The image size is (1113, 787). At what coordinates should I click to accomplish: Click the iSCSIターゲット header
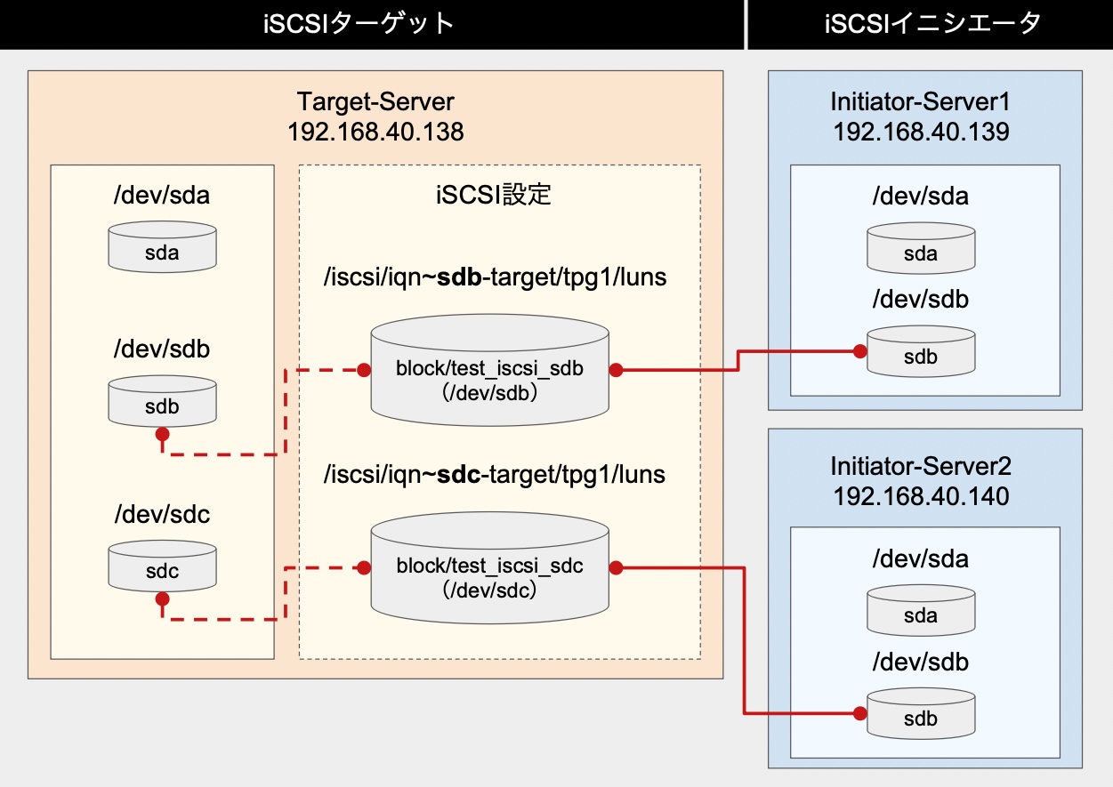pos(372,24)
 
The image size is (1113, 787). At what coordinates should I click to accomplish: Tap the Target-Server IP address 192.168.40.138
pos(375,133)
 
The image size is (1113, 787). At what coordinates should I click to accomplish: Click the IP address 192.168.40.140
pos(921,495)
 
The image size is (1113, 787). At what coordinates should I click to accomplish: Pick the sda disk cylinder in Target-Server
pos(162,248)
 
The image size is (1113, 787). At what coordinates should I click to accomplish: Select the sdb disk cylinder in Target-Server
pos(162,402)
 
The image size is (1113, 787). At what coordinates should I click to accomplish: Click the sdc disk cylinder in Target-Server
pos(162,567)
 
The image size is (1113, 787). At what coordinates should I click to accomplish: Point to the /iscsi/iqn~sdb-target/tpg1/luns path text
pos(496,278)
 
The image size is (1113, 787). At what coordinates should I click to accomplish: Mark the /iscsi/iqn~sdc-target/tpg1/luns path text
pos(496,474)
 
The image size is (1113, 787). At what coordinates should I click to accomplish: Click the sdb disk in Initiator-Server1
pos(921,353)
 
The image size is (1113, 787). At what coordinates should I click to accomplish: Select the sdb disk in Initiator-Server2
pos(921,715)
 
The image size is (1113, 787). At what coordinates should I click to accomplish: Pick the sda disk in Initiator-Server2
pos(921,612)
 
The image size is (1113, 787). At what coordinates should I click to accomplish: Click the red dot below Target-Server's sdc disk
pos(162,600)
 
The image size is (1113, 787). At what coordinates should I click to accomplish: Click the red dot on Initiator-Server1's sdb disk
pos(859,351)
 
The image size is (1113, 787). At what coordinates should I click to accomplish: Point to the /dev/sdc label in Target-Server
pos(161,514)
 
